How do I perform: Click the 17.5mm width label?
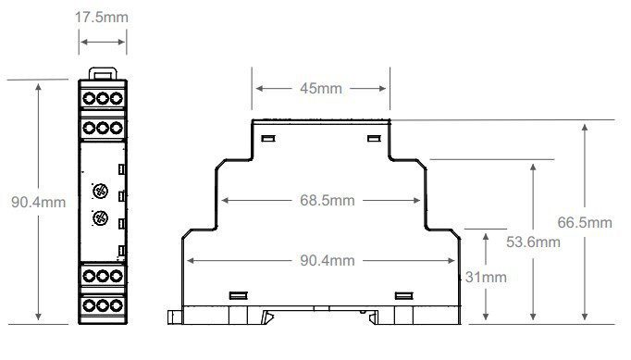(102, 18)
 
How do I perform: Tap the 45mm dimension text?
(321, 88)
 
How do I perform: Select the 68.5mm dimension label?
(328, 200)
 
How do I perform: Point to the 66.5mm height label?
(585, 222)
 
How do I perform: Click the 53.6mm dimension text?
(533, 242)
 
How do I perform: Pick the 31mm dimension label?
(486, 277)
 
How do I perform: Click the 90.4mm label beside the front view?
(38, 202)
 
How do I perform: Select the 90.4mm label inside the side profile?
(328, 260)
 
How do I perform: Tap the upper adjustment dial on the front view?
(100, 191)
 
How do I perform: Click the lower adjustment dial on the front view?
(100, 218)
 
